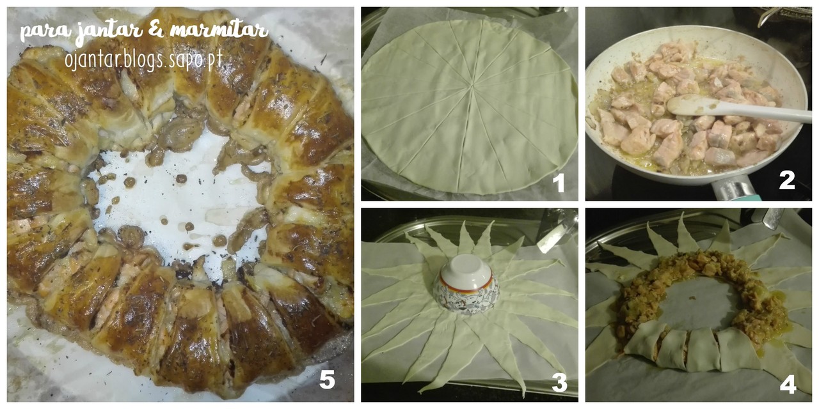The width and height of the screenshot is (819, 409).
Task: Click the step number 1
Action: pos(559,183)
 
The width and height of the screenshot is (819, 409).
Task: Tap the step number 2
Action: pos(787,180)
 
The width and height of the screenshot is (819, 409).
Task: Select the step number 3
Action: pos(559,383)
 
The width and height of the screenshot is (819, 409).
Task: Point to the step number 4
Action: pos(788,384)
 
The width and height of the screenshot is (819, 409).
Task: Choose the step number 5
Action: pos(327,379)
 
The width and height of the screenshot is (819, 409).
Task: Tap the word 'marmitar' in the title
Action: pos(219,31)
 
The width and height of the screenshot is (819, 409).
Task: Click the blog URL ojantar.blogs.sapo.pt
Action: pos(144,60)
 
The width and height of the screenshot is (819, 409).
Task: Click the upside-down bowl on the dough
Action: pos(466,284)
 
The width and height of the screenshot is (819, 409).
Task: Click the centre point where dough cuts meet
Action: pos(472,86)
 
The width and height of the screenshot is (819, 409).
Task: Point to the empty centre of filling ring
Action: pos(695,307)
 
